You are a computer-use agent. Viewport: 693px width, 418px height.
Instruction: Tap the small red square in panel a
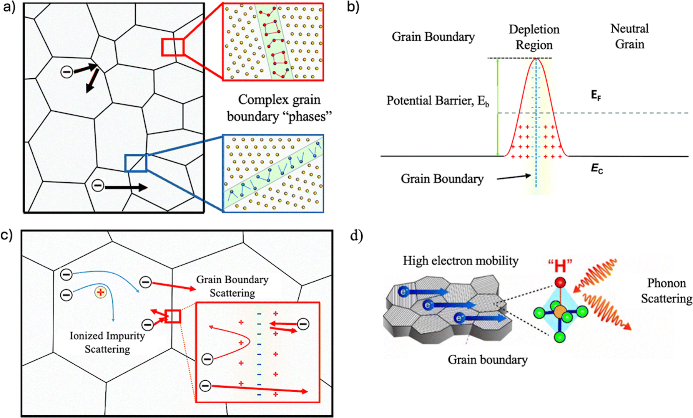(x=173, y=47)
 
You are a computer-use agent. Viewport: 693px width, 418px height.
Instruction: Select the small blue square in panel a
(x=136, y=163)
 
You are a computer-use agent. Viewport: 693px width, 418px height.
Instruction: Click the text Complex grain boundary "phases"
(x=279, y=108)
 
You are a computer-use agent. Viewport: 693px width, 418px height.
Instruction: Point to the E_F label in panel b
(x=596, y=96)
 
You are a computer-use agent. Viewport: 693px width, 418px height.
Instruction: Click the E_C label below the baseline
(x=597, y=169)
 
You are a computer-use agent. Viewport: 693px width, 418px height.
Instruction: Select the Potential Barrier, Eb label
(x=438, y=101)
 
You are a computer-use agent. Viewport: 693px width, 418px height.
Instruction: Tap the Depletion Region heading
(x=534, y=37)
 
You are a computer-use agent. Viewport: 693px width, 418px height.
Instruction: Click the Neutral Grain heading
(x=629, y=36)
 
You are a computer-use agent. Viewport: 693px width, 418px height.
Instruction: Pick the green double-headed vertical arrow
(x=498, y=107)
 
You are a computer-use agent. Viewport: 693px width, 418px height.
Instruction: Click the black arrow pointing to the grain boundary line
(x=514, y=177)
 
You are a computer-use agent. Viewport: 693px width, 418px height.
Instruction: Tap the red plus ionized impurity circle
(x=101, y=292)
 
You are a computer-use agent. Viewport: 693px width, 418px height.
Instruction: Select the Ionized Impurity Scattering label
(x=107, y=342)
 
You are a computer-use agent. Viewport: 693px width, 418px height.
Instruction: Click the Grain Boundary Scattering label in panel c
(x=232, y=286)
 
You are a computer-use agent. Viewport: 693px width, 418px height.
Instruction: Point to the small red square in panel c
(x=173, y=316)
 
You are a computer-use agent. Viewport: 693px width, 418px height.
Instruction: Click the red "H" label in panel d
(x=560, y=264)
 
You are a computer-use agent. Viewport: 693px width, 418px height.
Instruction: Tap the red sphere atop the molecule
(x=560, y=282)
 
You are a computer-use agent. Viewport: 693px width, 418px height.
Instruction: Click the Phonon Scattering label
(x=666, y=291)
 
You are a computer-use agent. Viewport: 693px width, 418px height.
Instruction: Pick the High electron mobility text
(x=460, y=261)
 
